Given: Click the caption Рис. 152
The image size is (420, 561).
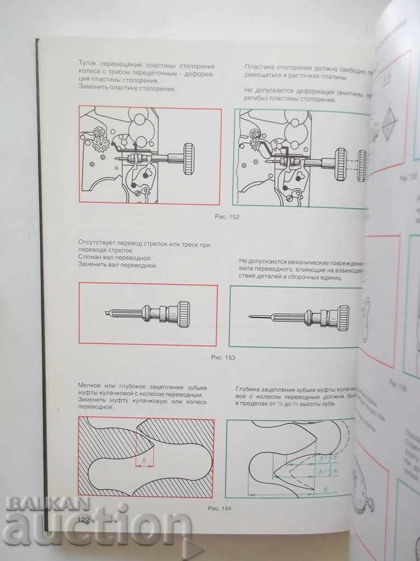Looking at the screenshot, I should coord(226,216).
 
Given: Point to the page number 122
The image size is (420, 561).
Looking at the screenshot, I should coord(84,520).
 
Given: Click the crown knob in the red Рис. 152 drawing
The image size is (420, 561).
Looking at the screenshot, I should coord(189,158).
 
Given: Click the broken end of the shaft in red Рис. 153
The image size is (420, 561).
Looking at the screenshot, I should coord(107,312).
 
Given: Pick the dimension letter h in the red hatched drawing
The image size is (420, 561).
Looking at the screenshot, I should coord(144,461).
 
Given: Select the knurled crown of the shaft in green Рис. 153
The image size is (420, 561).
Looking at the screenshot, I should coord(342,318).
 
